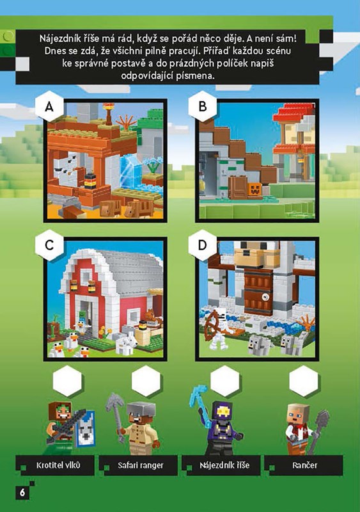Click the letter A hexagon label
[49, 106]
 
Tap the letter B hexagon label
[203, 106]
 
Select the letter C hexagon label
[49, 245]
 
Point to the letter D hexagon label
[203, 245]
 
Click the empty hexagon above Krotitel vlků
[67, 381]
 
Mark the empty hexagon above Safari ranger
[146, 381]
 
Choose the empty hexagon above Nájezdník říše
[225, 381]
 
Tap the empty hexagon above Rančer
[304, 381]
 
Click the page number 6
[22, 492]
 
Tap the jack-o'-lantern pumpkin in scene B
[255, 189]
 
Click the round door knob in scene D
[267, 297]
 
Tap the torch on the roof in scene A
[108, 113]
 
